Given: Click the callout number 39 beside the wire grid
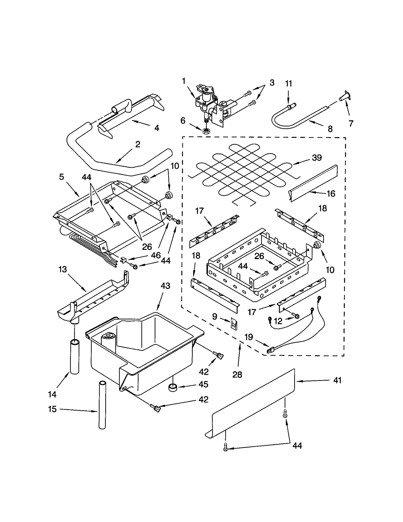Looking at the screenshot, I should point(317,158).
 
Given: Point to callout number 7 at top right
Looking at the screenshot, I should point(351,123).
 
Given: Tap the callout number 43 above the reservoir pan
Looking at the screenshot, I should point(165,286).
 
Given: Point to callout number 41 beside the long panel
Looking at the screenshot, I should point(337,380).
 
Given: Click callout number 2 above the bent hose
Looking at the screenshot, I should point(138,144).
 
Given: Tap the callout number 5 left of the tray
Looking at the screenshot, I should point(61,177).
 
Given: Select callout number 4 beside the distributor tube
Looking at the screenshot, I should point(156,128).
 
